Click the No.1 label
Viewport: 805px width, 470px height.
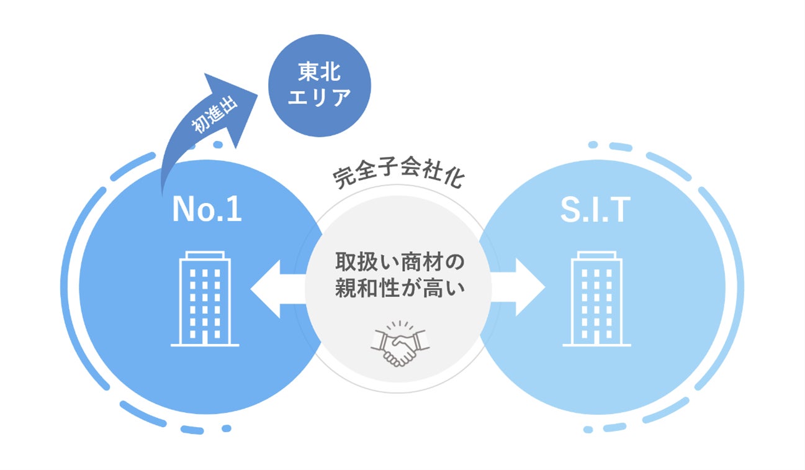(x=206, y=210)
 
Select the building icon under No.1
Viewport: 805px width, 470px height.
(x=205, y=299)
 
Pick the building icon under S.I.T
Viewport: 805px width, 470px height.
(x=596, y=299)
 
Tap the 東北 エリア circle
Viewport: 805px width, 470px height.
(x=319, y=85)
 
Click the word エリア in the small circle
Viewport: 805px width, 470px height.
(x=320, y=97)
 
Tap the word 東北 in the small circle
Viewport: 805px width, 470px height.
(x=320, y=73)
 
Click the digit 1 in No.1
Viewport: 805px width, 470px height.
(x=233, y=210)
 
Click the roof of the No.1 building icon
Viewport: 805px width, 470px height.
(x=205, y=255)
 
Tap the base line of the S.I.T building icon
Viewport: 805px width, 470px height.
(x=596, y=345)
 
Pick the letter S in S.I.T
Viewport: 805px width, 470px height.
(x=570, y=210)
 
